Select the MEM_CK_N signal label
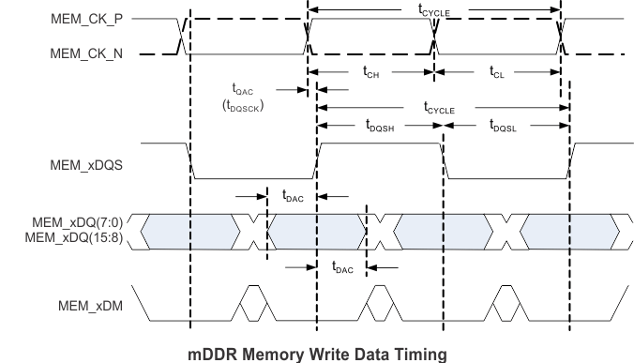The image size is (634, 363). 87,54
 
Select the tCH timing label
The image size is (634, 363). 370,71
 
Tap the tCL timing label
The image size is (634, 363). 497,71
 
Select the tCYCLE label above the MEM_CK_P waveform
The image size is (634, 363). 434,8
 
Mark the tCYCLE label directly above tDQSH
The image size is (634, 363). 440,109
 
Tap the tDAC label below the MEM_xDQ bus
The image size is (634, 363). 343,267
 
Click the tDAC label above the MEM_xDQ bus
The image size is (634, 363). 293,196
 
